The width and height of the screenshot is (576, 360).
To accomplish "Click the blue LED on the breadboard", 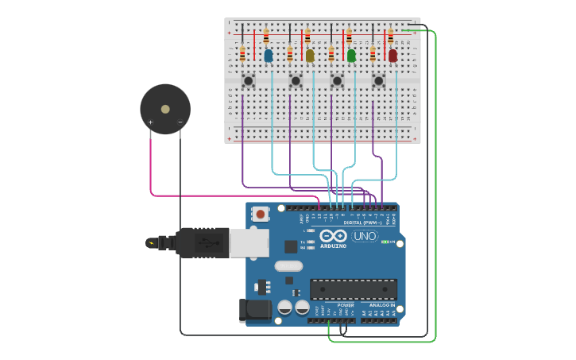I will pos(268,55).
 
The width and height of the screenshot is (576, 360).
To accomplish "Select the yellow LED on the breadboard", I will pos(310,55).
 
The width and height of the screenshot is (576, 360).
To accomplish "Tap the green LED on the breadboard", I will pos(351,55).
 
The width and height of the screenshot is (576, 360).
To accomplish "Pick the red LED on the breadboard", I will pos(392,55).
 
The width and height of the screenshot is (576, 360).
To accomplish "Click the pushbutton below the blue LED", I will pos(248,80).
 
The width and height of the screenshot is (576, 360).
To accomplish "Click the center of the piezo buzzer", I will pos(165,109).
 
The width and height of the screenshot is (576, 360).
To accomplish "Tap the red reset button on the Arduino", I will pos(260,213).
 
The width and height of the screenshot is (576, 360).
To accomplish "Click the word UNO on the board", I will pos(365,236).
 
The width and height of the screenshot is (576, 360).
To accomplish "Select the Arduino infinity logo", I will pos(328,236).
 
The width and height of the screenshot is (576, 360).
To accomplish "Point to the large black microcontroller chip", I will pos(353,289).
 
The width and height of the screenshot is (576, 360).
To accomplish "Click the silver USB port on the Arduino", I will pos(249,242).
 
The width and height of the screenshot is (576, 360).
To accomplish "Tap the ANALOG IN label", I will pos(381,305).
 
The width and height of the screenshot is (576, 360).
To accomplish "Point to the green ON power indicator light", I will pos(385,242).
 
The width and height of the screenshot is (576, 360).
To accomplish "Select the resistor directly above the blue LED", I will pos(266,37).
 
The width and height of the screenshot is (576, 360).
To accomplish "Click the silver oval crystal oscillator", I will pos(289,266).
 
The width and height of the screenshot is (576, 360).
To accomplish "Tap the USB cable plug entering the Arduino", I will pos(202,242).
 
